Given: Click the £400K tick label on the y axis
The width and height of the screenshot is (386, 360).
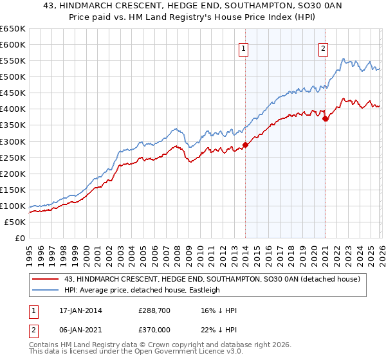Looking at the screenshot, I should point(13,109).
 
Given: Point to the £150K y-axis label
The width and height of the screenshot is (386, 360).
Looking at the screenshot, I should point(13,190).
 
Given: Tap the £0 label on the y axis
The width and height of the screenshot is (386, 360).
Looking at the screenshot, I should point(21,238).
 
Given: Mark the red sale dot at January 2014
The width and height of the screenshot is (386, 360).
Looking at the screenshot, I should point(246,145).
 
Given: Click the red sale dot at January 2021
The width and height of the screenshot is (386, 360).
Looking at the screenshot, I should point(326,118).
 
